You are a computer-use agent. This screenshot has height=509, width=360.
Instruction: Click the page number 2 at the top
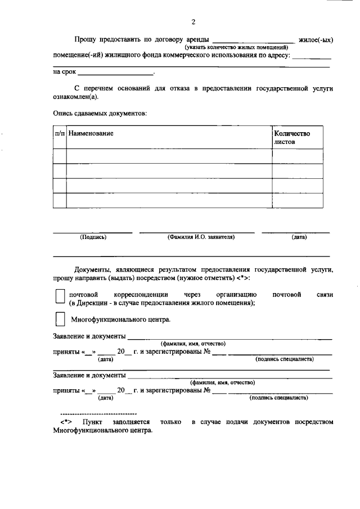click(193, 22)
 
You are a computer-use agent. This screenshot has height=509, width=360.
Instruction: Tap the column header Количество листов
click(291, 138)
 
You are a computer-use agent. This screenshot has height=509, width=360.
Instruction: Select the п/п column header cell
click(60, 133)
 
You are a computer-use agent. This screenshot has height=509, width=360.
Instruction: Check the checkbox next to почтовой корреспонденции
click(59, 298)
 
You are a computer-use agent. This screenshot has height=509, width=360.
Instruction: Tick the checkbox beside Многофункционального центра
click(59, 319)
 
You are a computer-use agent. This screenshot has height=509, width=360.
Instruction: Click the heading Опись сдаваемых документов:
click(100, 113)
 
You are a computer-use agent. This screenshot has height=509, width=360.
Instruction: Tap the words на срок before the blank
click(64, 72)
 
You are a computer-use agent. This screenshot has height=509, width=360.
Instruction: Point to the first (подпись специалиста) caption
click(284, 359)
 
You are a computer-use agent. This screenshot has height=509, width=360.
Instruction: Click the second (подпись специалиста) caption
click(279, 397)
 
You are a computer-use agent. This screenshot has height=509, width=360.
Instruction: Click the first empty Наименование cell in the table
click(169, 156)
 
